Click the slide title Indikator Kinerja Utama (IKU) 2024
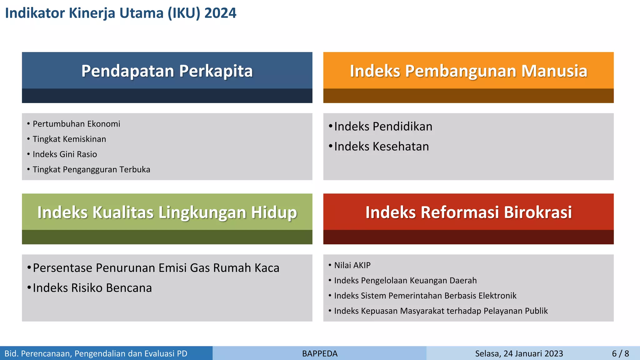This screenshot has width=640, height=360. point(121,13)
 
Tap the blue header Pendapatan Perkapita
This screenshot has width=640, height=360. point(167,71)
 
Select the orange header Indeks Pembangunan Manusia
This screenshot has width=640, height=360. point(468,71)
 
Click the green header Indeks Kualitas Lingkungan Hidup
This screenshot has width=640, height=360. point(167,212)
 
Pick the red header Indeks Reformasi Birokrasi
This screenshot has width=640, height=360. point(468,212)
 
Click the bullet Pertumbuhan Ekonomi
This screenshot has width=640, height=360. point(76,124)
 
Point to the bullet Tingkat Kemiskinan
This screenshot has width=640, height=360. point(69,139)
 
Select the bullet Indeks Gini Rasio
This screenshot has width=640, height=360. point(65,154)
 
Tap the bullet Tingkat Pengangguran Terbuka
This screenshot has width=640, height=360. point(91,170)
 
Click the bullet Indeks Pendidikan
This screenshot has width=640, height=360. point(383,127)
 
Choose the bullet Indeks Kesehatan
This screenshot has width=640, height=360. point(381,147)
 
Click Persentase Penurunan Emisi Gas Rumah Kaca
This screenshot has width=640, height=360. point(156,268)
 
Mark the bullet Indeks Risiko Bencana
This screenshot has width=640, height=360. point(92,288)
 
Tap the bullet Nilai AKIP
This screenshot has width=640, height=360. point(352,265)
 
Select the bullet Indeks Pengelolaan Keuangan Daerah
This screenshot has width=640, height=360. point(405,281)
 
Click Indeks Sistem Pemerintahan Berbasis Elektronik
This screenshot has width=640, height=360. point(425,296)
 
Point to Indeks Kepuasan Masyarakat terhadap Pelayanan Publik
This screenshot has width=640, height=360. point(441,311)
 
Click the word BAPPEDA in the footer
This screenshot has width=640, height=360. point(320,354)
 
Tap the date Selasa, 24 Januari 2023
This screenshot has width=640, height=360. point(519,354)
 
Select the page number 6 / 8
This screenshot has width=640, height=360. point(620,354)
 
